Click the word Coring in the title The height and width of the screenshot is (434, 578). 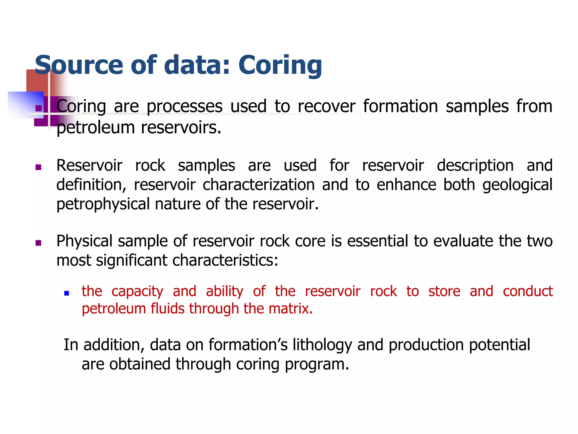[280, 66]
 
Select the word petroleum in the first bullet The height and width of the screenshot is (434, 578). [95, 128]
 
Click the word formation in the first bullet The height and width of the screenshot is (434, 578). [400, 106]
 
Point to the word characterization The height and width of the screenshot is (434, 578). [259, 185]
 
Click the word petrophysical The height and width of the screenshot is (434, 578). [103, 204]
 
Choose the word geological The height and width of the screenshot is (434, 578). [517, 185]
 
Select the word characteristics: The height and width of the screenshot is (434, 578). [225, 260]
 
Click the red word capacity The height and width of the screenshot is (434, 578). [137, 292]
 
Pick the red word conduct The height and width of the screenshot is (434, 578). [527, 291]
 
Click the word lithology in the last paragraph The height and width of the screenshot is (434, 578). [322, 345]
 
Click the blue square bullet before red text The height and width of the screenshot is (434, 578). [67, 293]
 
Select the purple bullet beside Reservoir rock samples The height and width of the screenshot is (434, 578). [38, 167]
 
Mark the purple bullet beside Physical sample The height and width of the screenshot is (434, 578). [38, 243]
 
